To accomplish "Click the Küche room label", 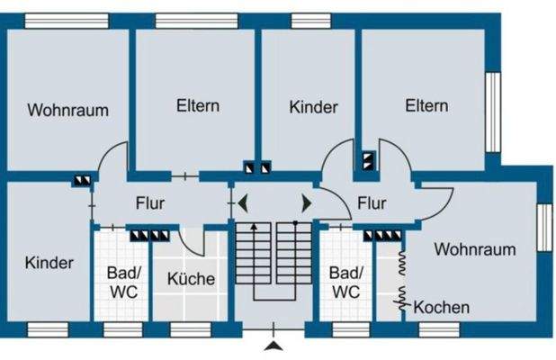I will coord(191,279).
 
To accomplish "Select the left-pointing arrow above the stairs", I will coord(242,202).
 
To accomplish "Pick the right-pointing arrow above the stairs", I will coord(306,202).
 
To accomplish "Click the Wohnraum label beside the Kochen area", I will coord(475,249).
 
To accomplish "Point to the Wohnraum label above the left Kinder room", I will coord(67,111).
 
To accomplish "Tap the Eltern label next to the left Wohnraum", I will coord(197,105).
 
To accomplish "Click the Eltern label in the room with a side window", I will coord(426,105).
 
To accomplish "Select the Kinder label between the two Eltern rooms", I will coord(313,107).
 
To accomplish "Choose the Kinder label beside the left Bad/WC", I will coord(49,263).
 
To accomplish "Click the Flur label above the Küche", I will coord(149,203).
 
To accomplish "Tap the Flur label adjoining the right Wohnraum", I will coord(371,203).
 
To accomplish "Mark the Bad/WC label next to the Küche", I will coord(122,282).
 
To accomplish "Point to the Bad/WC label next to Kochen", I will coord(345,282).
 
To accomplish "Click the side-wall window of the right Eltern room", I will coord(492,112).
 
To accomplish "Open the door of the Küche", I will coord(192,241).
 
